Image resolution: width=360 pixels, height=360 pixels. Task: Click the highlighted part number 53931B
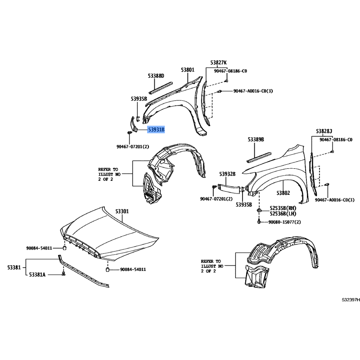(156, 130)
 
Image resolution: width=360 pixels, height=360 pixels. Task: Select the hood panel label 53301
(122, 211)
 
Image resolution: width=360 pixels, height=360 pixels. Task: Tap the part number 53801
(188, 70)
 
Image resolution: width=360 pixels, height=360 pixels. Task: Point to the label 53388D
(156, 76)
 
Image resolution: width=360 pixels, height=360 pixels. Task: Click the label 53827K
(219, 63)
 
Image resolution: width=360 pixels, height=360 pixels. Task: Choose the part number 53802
(283, 193)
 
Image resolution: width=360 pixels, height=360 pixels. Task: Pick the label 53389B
(256, 139)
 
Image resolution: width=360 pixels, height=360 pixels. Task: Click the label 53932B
(227, 174)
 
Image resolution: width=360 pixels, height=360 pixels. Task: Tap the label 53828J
(324, 131)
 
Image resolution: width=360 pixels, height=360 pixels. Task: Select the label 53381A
(37, 274)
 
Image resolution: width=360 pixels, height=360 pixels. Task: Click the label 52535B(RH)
(283, 208)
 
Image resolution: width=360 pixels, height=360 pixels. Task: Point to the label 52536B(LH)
(283, 214)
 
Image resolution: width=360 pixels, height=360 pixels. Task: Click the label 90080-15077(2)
(284, 222)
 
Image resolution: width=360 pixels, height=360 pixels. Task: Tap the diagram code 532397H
(351, 300)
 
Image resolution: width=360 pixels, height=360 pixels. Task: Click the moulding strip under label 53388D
(160, 87)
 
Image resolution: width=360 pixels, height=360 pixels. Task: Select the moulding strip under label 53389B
(259, 157)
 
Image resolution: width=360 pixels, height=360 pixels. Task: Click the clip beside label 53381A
(63, 274)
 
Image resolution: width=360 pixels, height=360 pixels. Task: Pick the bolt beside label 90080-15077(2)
(259, 222)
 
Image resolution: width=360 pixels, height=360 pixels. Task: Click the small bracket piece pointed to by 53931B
(133, 125)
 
